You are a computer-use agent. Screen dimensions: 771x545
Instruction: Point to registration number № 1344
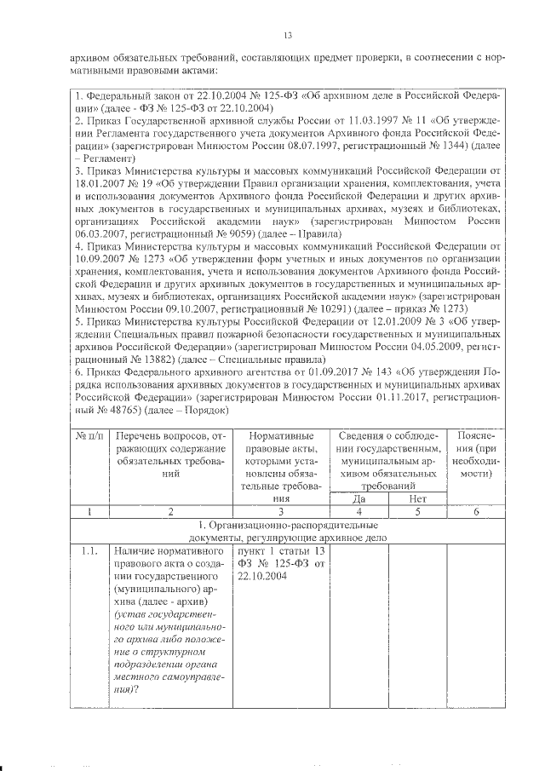449,147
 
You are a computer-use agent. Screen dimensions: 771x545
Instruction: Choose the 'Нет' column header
417,498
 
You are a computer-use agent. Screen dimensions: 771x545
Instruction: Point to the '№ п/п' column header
90,437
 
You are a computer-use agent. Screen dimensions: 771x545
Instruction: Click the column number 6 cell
475,512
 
